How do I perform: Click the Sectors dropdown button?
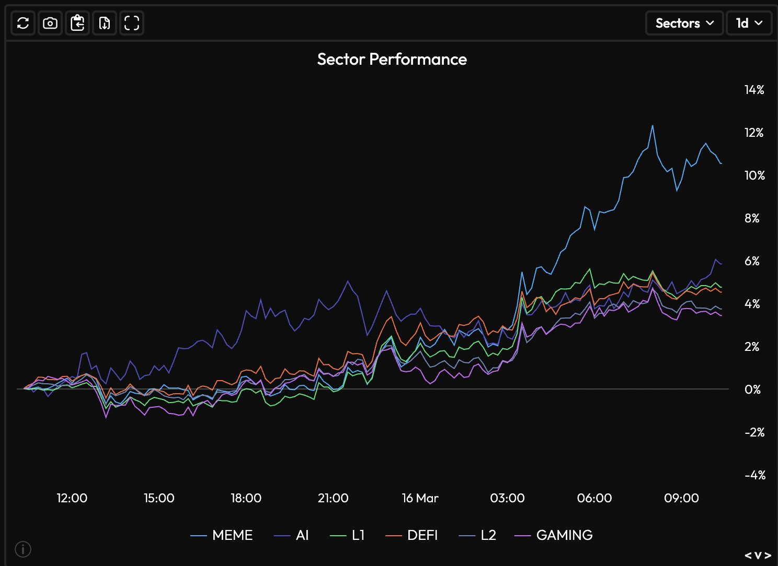(684, 23)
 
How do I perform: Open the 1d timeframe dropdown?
(749, 23)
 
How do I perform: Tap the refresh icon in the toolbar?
(23, 23)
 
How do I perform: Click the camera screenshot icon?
(50, 23)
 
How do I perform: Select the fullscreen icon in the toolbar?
(132, 23)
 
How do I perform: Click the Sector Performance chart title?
(392, 59)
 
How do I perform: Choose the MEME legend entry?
(222, 535)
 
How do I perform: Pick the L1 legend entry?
(348, 535)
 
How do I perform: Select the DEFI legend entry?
(412, 535)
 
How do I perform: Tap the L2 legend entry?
(478, 535)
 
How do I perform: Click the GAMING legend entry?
(554, 535)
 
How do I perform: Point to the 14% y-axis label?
(754, 90)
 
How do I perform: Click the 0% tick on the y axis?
(752, 390)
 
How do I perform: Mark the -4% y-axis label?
(754, 475)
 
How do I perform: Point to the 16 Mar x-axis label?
(420, 498)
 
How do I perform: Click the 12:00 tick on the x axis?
(72, 498)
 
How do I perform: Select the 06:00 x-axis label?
(594, 498)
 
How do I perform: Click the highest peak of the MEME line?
(653, 126)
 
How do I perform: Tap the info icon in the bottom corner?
(23, 549)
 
